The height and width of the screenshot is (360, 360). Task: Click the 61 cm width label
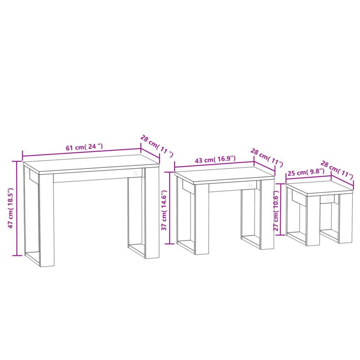tap(84, 147)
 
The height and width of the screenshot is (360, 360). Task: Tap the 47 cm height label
tap(11, 208)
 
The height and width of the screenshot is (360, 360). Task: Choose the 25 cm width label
tap(306, 173)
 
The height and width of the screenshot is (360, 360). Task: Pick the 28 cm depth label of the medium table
tap(267, 157)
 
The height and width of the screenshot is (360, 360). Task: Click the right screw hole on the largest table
tap(136, 173)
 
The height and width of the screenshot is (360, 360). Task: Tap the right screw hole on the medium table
tap(250, 186)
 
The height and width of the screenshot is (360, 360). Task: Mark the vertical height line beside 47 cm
tap(17, 208)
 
